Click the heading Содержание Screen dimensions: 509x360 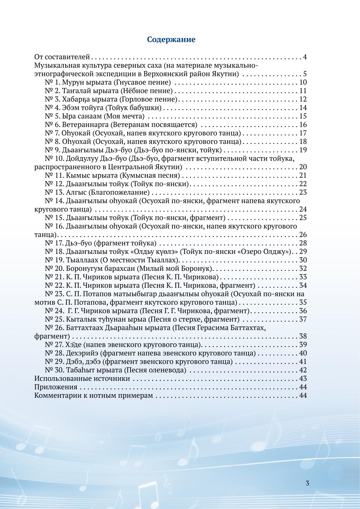pyautogui.click(x=171, y=40)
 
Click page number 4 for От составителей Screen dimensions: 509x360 pyautogui.click(x=305, y=57)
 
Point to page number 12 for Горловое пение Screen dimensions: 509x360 pyautogui.click(x=303, y=99)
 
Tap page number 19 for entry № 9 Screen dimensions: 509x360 pyautogui.click(x=303, y=150)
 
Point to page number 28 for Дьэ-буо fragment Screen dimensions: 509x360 pyautogui.click(x=303, y=243)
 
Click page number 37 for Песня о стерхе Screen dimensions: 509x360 pyautogui.click(x=303, y=319)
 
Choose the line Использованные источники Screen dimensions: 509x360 pyautogui.click(x=82, y=378)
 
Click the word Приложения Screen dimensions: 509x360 pyautogui.click(x=56, y=387)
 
